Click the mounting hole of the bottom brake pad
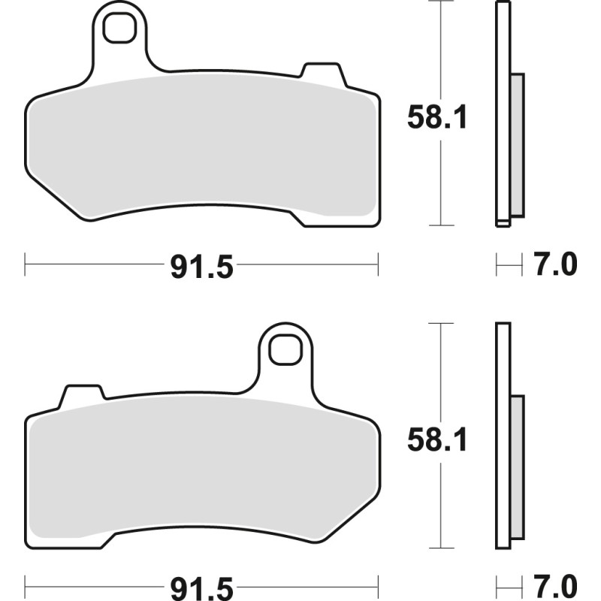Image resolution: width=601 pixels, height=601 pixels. (285, 349)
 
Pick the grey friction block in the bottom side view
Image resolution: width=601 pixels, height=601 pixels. (517, 466)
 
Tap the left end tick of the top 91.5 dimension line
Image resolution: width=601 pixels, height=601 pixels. (26, 264)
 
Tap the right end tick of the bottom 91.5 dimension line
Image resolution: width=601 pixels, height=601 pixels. (378, 584)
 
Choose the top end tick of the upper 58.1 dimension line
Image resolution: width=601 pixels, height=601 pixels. (440, 2)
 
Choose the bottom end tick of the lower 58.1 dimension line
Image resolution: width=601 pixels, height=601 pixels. (440, 547)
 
